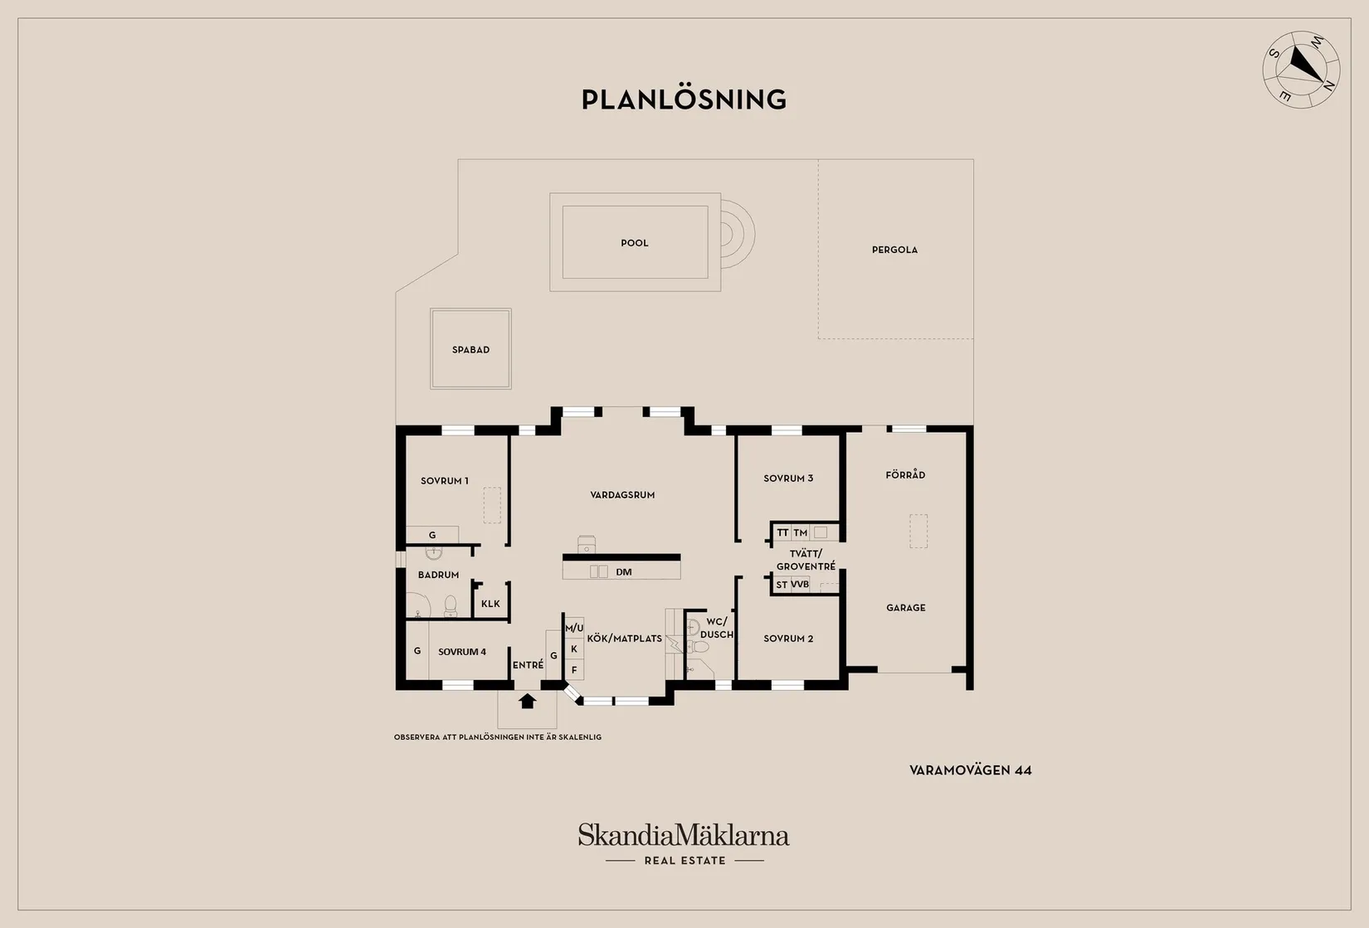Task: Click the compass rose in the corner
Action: click(1301, 70)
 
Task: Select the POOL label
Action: click(635, 243)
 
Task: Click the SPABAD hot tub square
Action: click(470, 349)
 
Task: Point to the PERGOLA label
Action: click(894, 250)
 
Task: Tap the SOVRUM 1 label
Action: click(445, 481)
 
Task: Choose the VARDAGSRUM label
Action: click(622, 495)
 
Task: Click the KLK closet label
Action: click(490, 604)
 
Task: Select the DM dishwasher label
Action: click(623, 572)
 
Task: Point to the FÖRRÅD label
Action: click(905, 474)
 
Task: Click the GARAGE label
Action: click(906, 608)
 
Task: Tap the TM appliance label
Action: click(801, 532)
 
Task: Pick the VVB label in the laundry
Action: click(800, 585)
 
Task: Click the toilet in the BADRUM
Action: click(451, 605)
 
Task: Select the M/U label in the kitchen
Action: click(574, 628)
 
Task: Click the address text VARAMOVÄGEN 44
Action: click(971, 770)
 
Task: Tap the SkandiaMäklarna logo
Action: click(684, 843)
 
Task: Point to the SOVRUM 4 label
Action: click(462, 652)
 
